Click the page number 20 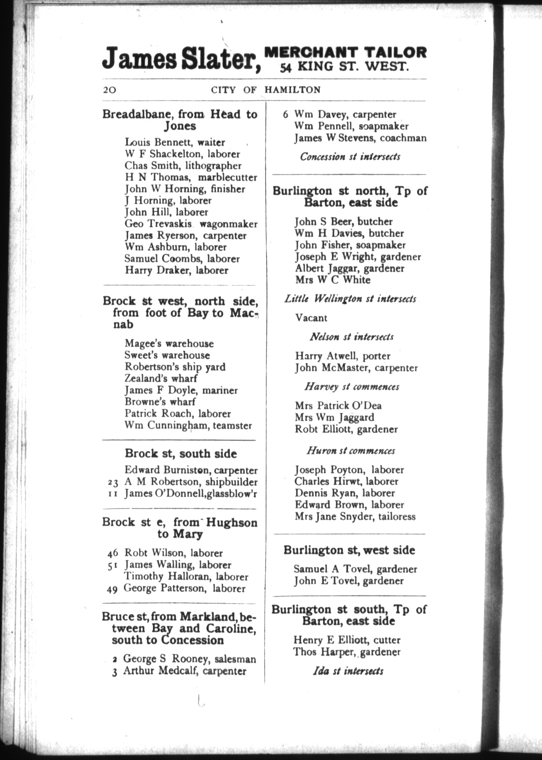[110, 90]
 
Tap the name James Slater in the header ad [181, 59]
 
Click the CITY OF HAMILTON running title [265, 90]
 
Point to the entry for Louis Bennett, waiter [175, 142]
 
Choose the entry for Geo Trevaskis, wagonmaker [191, 224]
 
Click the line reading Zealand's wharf [161, 378]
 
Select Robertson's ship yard [175, 367]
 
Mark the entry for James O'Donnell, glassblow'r [191, 494]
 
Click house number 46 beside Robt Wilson [113, 553]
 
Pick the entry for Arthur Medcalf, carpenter [185, 671]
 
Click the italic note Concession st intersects [350, 157]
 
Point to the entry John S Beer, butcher [344, 221]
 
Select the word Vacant [311, 318]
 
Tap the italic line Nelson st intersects [351, 337]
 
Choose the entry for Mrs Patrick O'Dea [338, 405]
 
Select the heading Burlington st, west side [349, 550]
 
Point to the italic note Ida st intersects [348, 671]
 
